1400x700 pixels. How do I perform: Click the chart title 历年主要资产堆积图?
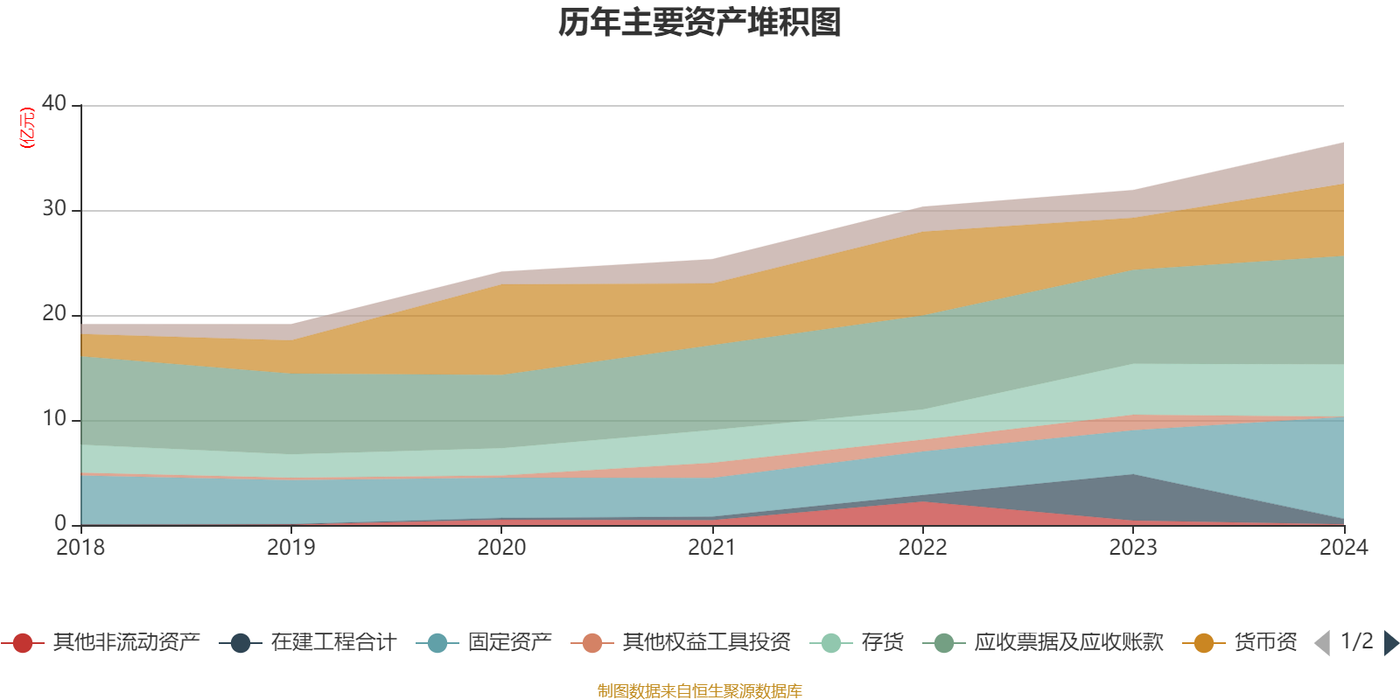[x=700, y=23]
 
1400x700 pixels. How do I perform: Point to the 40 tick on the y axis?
[x=54, y=103]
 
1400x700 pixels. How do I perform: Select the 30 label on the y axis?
[x=54, y=208]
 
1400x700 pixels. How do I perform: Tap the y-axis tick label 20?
[x=54, y=313]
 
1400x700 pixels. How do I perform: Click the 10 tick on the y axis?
[x=54, y=418]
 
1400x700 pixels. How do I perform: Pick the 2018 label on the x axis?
[x=80, y=548]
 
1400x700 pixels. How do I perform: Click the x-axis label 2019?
[x=290, y=548]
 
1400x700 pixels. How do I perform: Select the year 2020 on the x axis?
[x=501, y=548]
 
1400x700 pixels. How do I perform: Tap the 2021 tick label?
[x=711, y=548]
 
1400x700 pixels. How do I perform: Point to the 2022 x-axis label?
[x=922, y=548]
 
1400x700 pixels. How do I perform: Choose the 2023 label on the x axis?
[x=1133, y=548]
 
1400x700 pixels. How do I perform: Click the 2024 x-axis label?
[x=1343, y=548]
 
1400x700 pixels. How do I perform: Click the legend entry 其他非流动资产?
[x=126, y=643]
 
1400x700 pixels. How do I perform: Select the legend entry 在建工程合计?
[x=333, y=643]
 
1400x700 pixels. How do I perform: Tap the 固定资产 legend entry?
[x=509, y=643]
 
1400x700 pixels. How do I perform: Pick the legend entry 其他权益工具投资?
[x=706, y=643]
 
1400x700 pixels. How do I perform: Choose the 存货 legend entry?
[x=882, y=643]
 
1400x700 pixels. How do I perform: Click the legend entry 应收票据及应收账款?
[x=1068, y=643]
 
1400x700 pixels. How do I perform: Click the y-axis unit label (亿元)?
[x=27, y=128]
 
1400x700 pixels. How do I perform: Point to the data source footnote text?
[x=700, y=691]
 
